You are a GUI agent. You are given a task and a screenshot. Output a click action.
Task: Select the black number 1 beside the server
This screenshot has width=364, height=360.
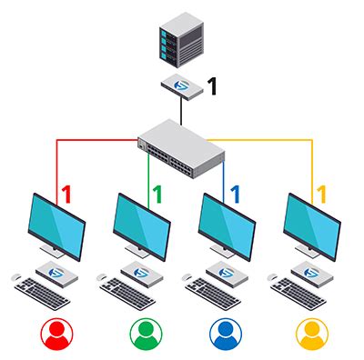212,87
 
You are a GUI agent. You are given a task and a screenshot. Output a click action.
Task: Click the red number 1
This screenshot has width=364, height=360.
66,194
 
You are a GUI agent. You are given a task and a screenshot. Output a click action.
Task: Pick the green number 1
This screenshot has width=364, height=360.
156,194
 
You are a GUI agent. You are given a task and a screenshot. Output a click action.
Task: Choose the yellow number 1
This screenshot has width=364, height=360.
319,194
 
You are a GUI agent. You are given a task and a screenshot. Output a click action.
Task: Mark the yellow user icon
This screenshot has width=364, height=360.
312,334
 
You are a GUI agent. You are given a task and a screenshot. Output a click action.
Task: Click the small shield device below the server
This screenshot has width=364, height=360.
181,86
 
